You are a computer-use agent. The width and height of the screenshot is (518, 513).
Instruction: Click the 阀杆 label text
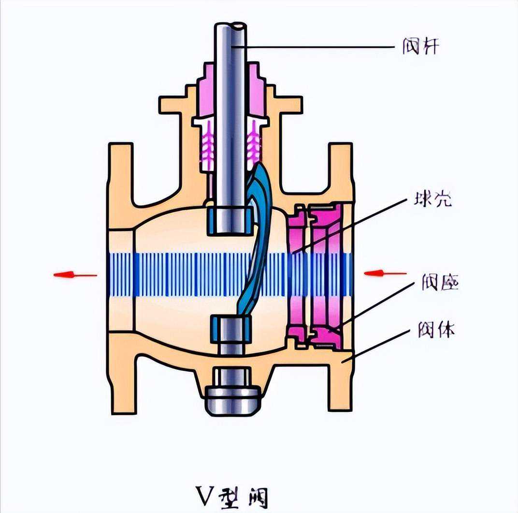420,47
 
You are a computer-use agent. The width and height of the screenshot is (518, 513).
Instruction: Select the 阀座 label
439,283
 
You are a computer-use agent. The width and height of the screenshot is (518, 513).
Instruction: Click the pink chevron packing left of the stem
207,140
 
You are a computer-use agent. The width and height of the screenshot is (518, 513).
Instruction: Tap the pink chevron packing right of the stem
253,140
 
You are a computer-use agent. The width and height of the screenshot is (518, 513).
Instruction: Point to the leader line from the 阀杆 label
314,47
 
